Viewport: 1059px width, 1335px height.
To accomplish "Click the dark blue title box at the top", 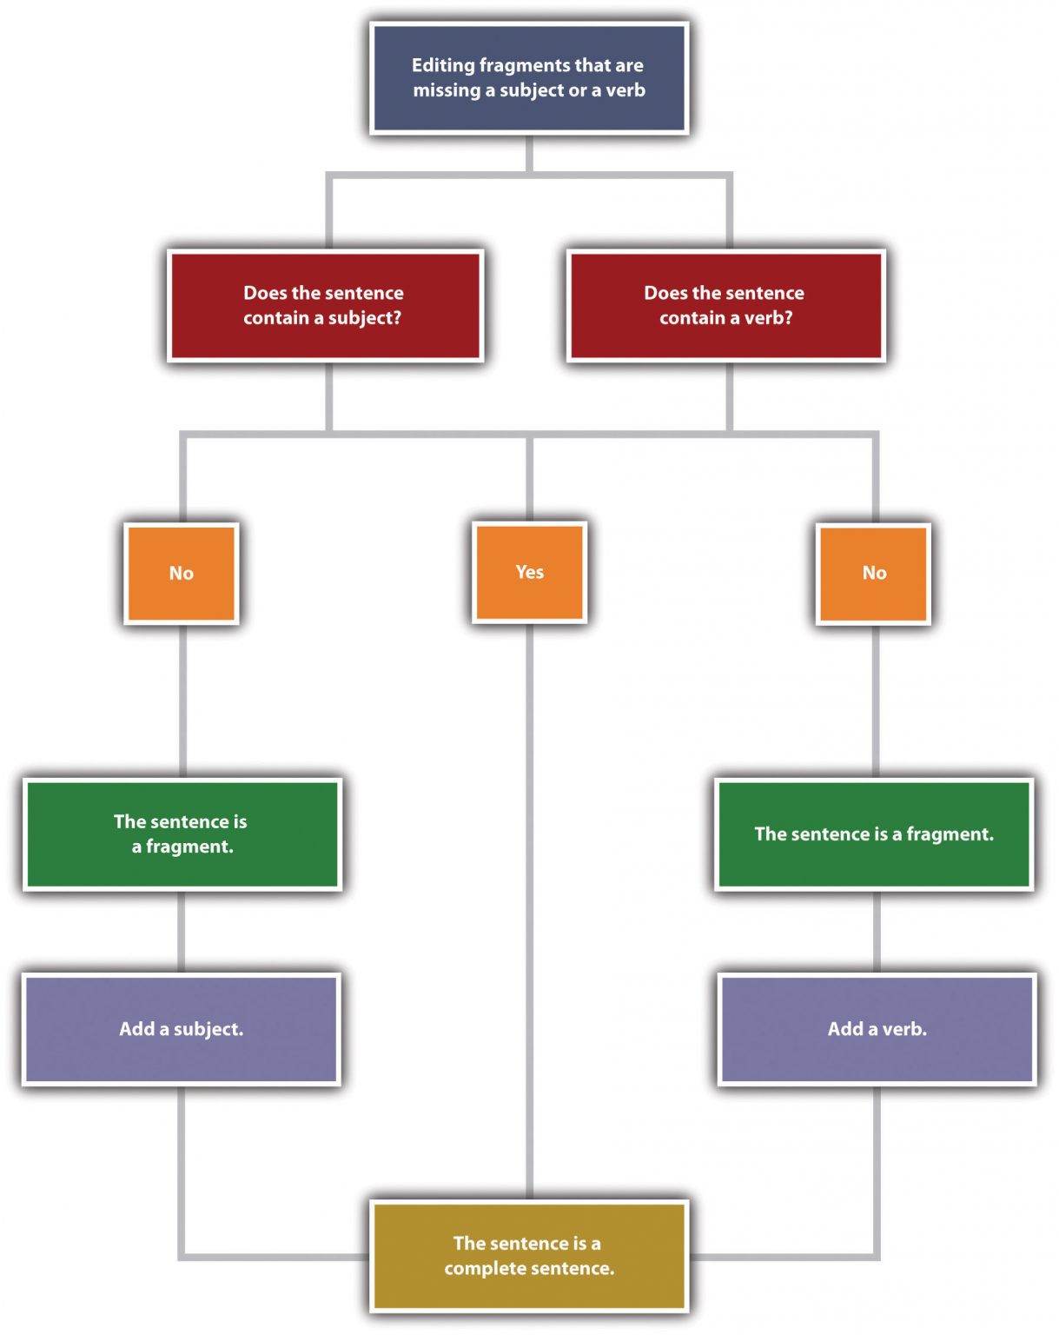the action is tap(529, 78).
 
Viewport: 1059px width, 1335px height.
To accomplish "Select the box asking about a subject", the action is tap(326, 305).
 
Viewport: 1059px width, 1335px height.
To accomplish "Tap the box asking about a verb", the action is tap(726, 305).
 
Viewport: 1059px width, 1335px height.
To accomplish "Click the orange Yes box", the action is tap(530, 572).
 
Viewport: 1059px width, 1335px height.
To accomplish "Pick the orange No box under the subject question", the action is tap(182, 573).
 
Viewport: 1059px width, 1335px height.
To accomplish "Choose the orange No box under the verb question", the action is tap(873, 574).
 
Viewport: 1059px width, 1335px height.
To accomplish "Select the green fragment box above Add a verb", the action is tap(874, 834).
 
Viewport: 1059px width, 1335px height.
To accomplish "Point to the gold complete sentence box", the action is tap(529, 1256).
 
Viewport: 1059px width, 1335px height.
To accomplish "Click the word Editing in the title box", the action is tap(443, 66).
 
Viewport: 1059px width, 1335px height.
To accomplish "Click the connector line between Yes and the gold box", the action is tap(530, 912).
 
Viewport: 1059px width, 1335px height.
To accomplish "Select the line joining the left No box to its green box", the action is tap(183, 701).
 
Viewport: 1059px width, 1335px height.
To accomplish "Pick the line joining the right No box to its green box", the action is tap(876, 701).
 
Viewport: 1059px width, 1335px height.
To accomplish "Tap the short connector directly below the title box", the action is tap(529, 154).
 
